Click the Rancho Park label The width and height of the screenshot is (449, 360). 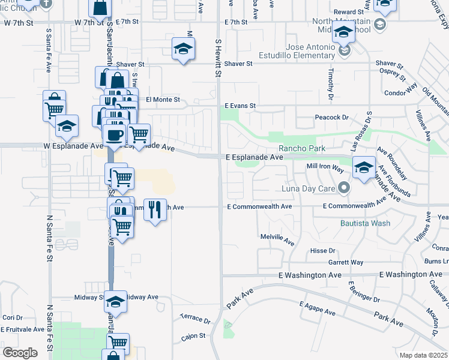point(301,149)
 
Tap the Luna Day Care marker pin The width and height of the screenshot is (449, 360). point(343,188)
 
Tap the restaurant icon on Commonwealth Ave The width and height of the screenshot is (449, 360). point(155,210)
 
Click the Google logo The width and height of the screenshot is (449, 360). point(20,352)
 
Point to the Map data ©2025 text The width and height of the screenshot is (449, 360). point(423,355)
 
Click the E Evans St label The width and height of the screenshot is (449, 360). point(240,106)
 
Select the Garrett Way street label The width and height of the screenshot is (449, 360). point(345,262)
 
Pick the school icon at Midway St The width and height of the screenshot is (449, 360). point(115,301)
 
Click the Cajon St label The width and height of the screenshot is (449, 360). point(193,336)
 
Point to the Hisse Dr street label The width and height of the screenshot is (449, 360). point(322,250)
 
